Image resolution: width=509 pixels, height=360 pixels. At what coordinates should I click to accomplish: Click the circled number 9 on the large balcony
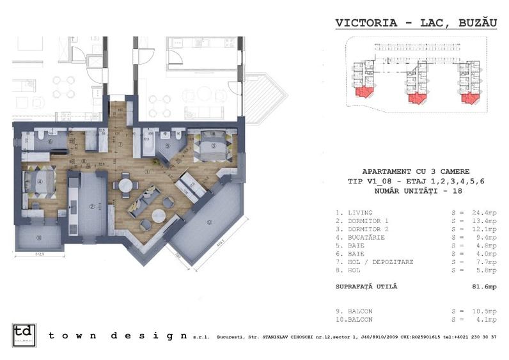tap(208, 223)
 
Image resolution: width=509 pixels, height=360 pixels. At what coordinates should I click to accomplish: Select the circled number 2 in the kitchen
tap(92, 206)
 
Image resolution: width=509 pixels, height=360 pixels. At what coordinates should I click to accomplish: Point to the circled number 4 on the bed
tap(40, 181)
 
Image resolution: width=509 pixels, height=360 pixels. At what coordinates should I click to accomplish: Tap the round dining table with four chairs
tap(125, 185)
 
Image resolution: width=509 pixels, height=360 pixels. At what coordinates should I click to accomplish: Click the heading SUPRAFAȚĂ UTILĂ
tap(366, 286)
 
